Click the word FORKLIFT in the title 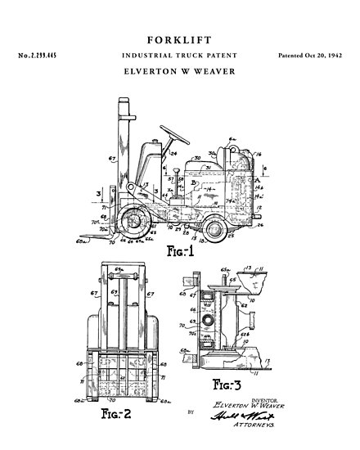click(179, 38)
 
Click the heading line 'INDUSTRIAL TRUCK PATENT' click(179, 55)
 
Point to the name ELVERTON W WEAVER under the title click(179, 71)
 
